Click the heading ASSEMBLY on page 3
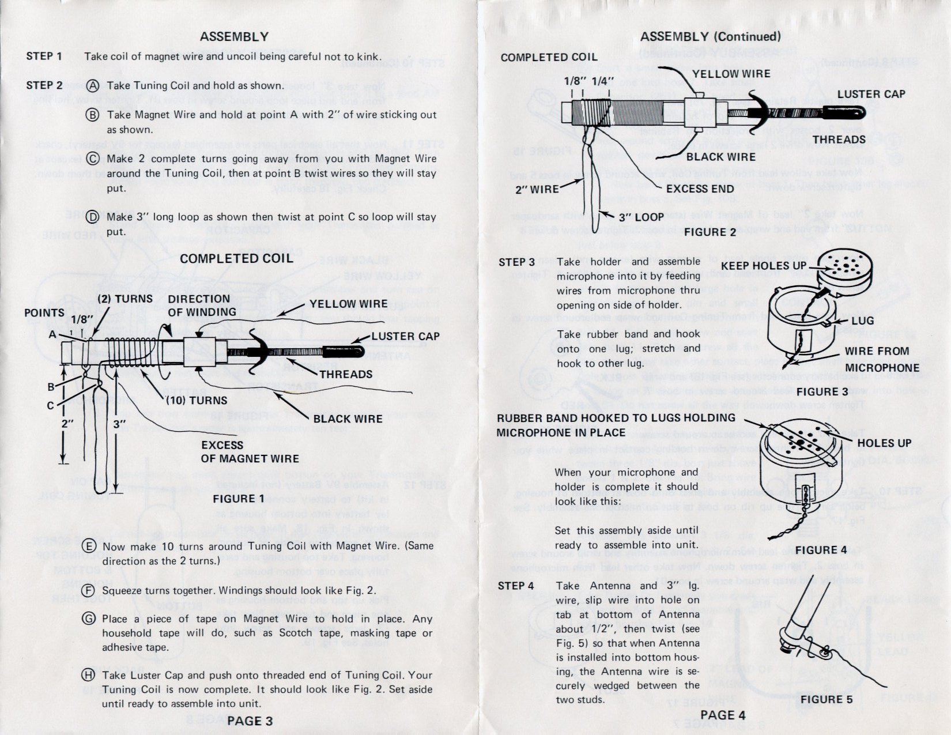coord(234,36)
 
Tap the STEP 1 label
coord(44,56)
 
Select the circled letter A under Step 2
coord(93,86)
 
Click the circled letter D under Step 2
coord(92,217)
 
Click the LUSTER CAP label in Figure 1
coord(405,336)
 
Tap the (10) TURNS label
coord(197,399)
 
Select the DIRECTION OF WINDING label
coord(202,306)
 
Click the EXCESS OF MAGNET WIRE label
coord(249,452)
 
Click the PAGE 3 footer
coord(250,721)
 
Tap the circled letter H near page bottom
coord(88,675)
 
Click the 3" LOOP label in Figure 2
coord(641,217)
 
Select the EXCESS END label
coord(700,189)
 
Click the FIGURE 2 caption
coord(710,232)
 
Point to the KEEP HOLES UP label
coord(763,266)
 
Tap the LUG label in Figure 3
coord(862,321)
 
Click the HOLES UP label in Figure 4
coord(884,443)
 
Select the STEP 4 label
coord(516,586)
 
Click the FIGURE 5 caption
coord(826,699)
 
